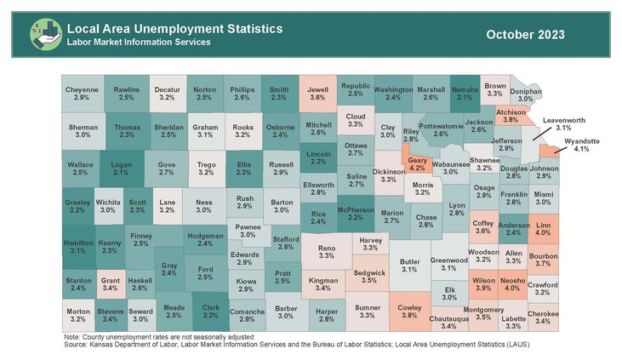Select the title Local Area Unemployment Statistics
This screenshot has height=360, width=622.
pyautogui.click(x=174, y=28)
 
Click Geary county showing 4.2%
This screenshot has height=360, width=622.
pyautogui.click(x=418, y=164)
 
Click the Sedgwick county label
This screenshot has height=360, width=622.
pyautogui.click(x=368, y=275)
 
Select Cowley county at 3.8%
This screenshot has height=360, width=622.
pyautogui.click(x=410, y=309)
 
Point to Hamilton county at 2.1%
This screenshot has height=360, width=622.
pyautogui.click(x=78, y=247)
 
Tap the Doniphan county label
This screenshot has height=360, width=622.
pyautogui.click(x=526, y=94)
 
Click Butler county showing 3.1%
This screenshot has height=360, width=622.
pyautogui.click(x=410, y=266)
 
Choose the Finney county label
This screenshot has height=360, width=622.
pyautogui.click(x=141, y=239)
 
